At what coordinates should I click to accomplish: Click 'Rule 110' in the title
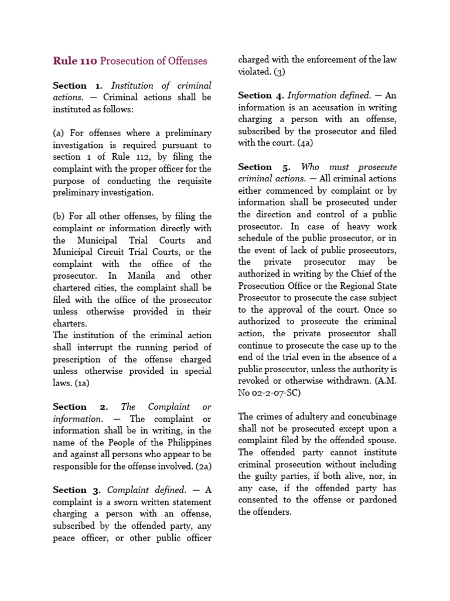[75, 61]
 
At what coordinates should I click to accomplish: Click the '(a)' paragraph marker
[59, 133]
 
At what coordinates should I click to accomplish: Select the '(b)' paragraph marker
[59, 217]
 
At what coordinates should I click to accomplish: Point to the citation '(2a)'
[200, 466]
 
